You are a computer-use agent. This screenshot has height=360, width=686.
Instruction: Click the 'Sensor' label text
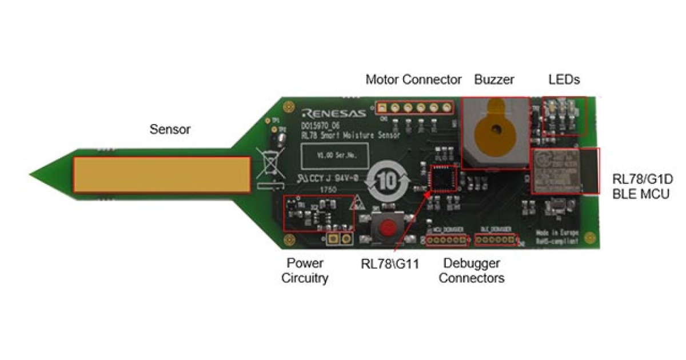pyautogui.click(x=170, y=130)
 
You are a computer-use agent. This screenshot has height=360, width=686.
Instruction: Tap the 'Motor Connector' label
pyautogui.click(x=413, y=79)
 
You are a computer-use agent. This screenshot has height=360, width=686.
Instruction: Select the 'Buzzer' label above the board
pyautogui.click(x=494, y=79)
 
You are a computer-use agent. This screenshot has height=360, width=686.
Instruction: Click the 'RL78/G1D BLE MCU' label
pyautogui.click(x=642, y=187)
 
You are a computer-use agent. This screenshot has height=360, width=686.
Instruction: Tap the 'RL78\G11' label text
pyautogui.click(x=391, y=263)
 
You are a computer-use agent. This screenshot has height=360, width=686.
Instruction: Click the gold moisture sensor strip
pyautogui.click(x=161, y=175)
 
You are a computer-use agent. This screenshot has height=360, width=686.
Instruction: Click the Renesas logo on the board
pyautogui.click(x=332, y=111)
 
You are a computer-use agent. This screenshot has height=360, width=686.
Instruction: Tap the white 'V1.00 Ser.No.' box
pyautogui.click(x=328, y=154)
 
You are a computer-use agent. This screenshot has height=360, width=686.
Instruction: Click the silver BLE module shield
pyautogui.click(x=558, y=170)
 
